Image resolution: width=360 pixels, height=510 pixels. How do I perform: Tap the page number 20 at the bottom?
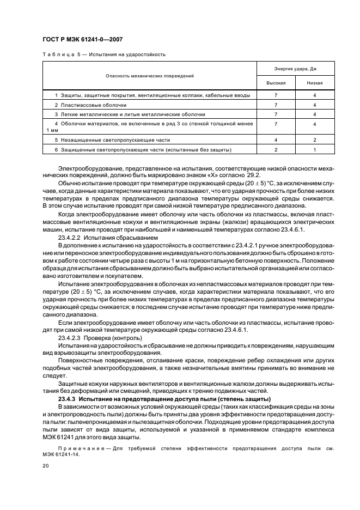[x=46, y=466]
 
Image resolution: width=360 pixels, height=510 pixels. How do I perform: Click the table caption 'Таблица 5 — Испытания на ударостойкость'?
[x=103, y=54]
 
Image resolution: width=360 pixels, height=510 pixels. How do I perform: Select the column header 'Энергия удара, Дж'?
[x=295, y=69]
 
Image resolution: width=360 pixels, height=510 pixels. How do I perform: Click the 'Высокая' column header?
[x=276, y=83]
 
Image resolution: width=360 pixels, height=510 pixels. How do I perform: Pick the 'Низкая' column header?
[x=315, y=83]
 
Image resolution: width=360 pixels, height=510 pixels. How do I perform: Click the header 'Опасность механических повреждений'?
[x=150, y=76]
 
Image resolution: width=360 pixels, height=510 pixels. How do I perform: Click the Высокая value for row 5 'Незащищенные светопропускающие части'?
[x=276, y=140]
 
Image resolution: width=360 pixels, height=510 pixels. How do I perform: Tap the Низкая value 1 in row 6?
[x=315, y=149]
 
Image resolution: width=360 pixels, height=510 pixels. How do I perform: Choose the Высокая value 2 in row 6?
[x=276, y=149]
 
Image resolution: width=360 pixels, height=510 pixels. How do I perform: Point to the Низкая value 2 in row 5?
[x=315, y=140]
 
